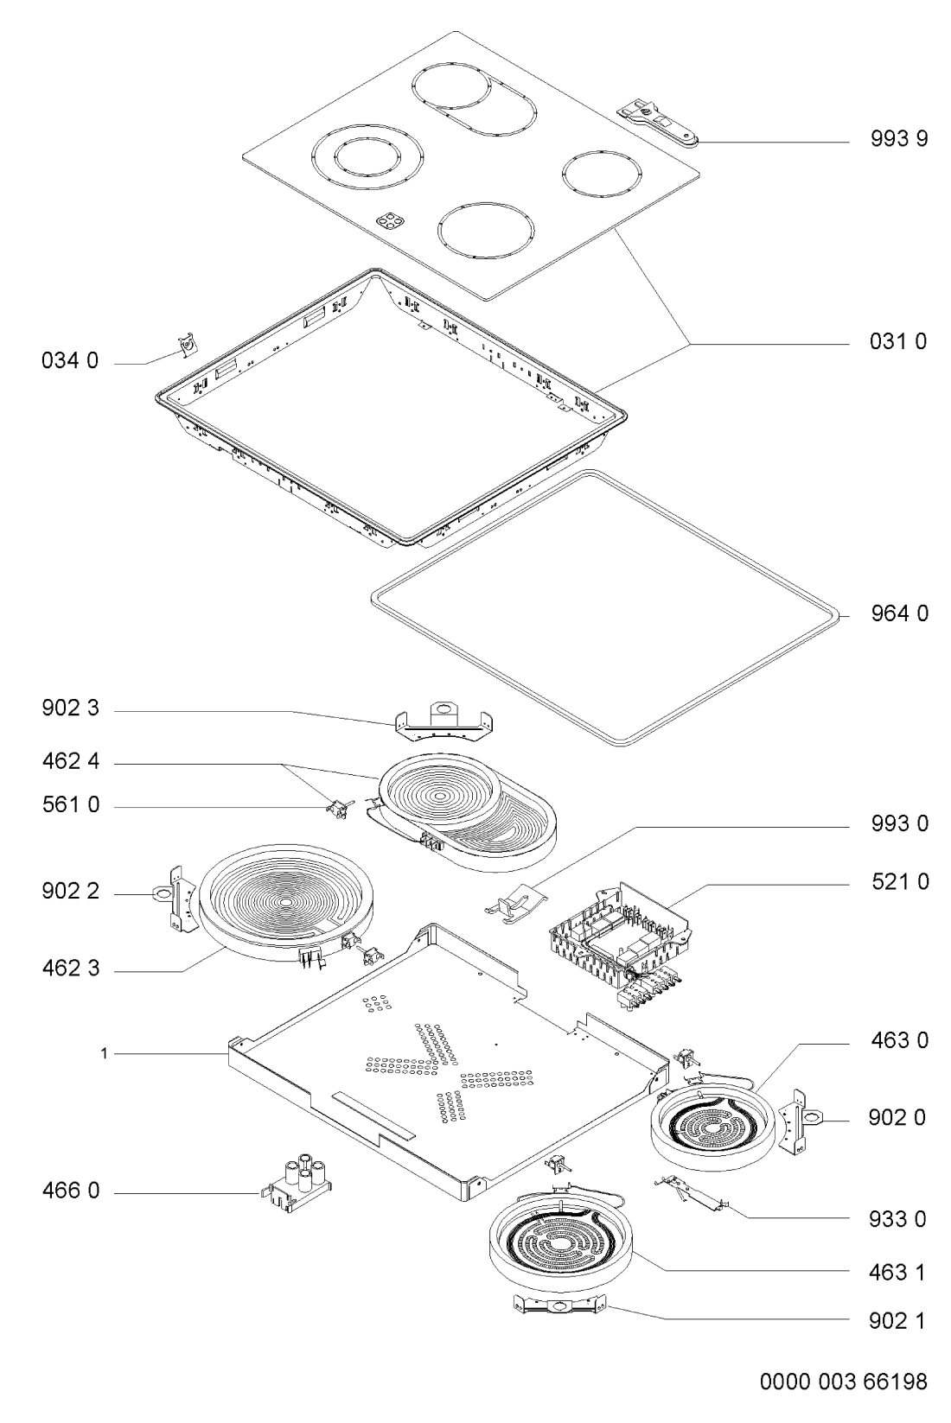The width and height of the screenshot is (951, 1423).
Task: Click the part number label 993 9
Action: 899,139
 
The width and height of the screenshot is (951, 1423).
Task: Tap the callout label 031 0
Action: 898,342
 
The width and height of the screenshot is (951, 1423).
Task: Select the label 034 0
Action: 71,361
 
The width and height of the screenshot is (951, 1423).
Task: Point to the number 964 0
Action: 899,613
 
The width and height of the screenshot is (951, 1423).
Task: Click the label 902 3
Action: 71,708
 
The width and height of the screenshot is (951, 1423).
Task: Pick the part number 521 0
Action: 900,882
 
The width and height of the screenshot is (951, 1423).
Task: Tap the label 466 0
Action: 71,1191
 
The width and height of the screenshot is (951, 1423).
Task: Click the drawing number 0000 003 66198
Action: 844,1382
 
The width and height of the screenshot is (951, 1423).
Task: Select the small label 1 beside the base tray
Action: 104,1054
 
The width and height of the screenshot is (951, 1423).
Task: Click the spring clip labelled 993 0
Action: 515,902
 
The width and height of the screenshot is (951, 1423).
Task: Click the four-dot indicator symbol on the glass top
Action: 390,219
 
